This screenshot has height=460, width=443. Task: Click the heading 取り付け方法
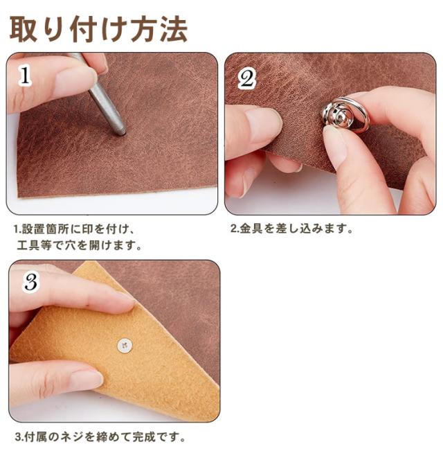[x=98, y=29]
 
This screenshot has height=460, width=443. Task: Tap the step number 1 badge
[x=25, y=75]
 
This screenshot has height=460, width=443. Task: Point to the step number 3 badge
[x=30, y=282]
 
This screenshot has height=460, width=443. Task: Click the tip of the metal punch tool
[x=121, y=133]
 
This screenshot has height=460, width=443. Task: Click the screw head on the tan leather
[x=125, y=345]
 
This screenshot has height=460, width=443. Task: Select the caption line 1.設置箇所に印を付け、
[x=74, y=229]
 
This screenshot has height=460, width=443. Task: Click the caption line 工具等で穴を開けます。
[x=79, y=245]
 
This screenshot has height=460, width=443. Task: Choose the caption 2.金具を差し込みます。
[x=291, y=228]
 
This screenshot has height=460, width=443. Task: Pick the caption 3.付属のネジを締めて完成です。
[x=100, y=437]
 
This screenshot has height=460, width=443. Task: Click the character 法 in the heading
[x=174, y=29]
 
